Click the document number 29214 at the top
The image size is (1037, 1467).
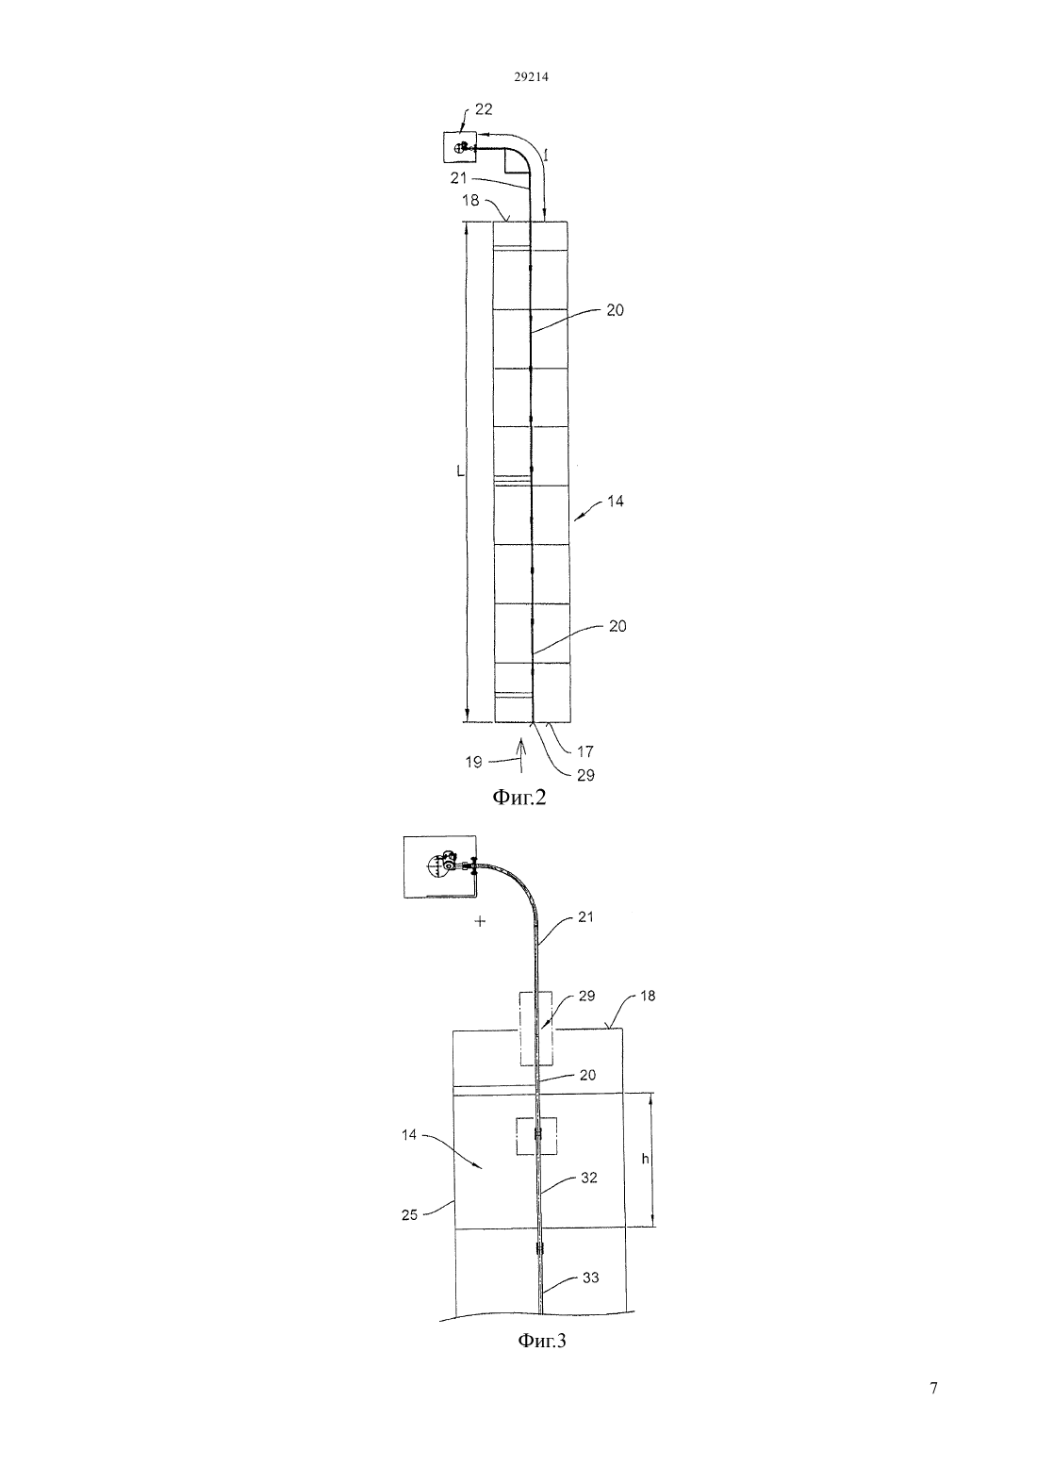pyautogui.click(x=531, y=77)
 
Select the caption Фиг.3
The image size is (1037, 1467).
pyautogui.click(x=542, y=1341)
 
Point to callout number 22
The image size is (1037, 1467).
pyautogui.click(x=484, y=109)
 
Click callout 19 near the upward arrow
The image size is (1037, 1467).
pyautogui.click(x=473, y=763)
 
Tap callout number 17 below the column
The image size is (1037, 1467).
pyautogui.click(x=585, y=751)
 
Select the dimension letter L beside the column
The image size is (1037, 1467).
pyautogui.click(x=461, y=470)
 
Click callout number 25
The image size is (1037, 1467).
pyautogui.click(x=409, y=1215)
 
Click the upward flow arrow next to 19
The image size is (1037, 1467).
pyautogui.click(x=520, y=753)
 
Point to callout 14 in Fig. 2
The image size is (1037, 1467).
pyautogui.click(x=616, y=502)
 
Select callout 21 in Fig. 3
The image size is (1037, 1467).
pyautogui.click(x=586, y=916)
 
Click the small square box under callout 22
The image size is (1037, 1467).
pyautogui.click(x=457, y=147)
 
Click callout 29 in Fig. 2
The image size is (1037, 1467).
pyautogui.click(x=585, y=775)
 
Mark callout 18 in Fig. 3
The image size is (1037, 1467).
pyautogui.click(x=647, y=997)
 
